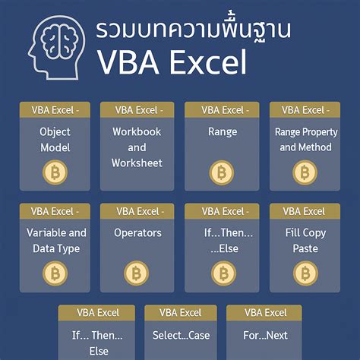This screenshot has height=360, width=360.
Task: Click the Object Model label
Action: point(55,139)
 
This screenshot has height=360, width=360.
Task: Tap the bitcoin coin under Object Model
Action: point(55,173)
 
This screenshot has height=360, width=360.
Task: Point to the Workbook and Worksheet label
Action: point(137,147)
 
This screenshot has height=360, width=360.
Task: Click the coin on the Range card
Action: point(222,173)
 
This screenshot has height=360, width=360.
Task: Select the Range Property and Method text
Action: point(305,139)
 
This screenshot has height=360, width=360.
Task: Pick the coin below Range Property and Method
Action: point(305,173)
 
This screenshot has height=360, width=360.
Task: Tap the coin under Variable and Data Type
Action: point(55,273)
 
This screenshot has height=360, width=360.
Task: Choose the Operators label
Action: point(137,232)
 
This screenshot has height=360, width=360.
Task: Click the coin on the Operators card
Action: point(137,273)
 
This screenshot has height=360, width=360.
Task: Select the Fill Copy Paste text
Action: point(305,240)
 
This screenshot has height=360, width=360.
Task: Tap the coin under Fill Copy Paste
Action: point(305,273)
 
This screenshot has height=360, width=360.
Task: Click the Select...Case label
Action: point(180,336)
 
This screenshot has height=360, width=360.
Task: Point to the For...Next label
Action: point(264,336)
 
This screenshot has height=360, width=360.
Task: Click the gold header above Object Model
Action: point(55,110)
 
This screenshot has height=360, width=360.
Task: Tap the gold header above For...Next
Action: point(264,312)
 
